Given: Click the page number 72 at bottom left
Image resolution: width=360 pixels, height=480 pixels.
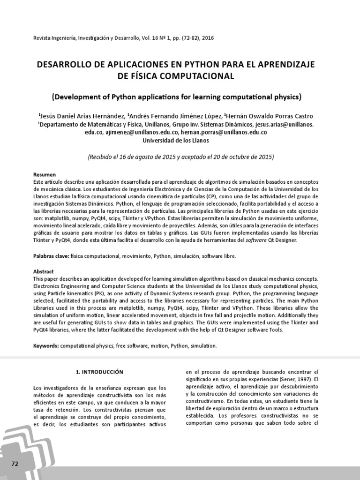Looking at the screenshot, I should coord(15,464).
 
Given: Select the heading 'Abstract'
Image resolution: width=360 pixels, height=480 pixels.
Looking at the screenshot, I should coord(43,271).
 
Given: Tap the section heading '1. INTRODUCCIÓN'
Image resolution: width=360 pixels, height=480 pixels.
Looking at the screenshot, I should coord(99,372).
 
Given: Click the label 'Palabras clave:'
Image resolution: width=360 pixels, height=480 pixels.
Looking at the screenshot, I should coord(51,256).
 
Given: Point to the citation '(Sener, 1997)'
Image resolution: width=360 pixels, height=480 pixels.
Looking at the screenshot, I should coord(294,379).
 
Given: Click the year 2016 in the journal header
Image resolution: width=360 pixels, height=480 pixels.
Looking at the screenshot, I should coord(207,38).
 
